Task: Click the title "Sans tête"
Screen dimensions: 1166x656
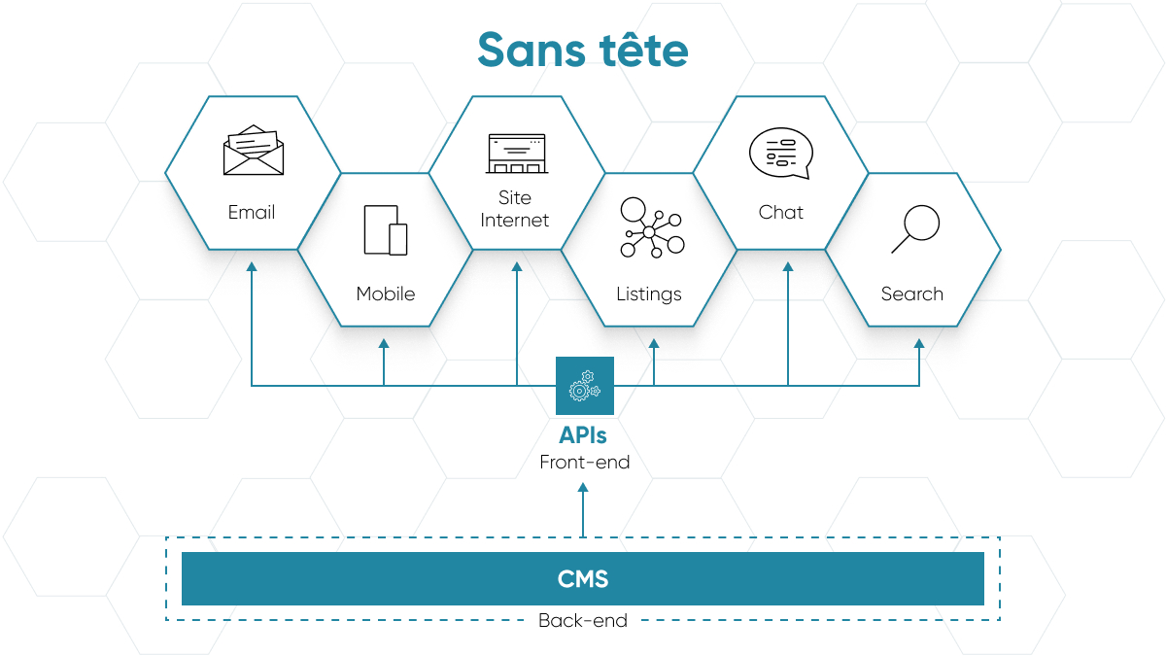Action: (x=583, y=50)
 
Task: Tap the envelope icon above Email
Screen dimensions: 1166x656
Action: (x=254, y=150)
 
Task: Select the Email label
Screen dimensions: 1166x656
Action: (x=252, y=212)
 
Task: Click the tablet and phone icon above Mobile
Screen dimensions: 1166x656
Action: (x=386, y=230)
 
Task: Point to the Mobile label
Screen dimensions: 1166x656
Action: (x=386, y=293)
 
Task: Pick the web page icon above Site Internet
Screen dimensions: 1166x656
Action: (x=517, y=154)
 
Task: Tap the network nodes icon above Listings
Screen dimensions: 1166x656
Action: (x=652, y=227)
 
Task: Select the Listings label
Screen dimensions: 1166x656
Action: (x=649, y=294)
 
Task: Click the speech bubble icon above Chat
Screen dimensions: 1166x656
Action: (x=781, y=154)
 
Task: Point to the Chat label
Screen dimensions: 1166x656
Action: (x=781, y=212)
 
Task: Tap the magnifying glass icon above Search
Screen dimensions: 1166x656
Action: (x=915, y=228)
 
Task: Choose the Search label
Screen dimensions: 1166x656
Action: (x=912, y=293)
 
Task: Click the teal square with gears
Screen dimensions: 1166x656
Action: (x=585, y=386)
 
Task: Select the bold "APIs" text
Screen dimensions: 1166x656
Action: (x=583, y=435)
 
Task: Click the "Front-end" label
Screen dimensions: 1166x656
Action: (x=585, y=463)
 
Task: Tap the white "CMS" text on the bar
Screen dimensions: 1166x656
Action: (x=583, y=579)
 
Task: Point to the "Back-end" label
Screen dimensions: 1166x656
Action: (x=583, y=621)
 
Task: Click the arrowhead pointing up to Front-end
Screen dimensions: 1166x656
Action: (x=583, y=487)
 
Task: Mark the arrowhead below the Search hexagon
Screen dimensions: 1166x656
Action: (x=919, y=344)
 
